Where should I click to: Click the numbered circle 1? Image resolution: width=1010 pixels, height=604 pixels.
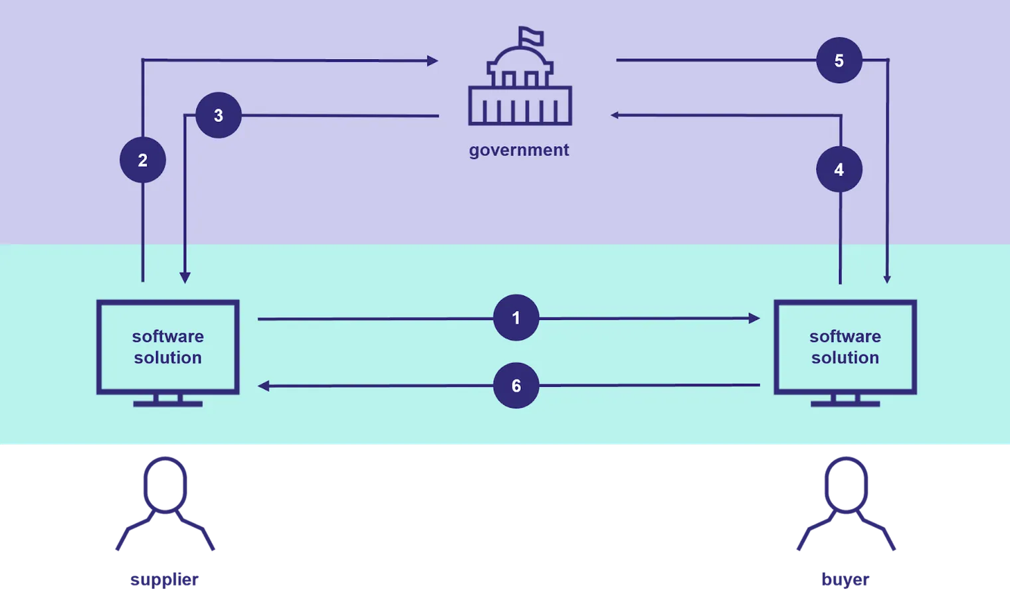point(516,317)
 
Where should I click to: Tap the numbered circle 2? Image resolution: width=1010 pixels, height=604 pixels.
point(142,160)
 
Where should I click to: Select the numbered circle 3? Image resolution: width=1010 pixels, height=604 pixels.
point(218,115)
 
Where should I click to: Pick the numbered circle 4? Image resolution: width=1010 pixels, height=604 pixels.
point(839,169)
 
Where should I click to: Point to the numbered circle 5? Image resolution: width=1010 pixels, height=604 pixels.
point(839,60)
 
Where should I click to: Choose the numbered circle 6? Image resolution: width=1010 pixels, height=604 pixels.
point(516,386)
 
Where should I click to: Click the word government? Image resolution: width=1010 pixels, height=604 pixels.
point(519,150)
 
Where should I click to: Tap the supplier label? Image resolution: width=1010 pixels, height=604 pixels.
point(164,579)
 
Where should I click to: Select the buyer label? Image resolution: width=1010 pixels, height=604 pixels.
point(845,579)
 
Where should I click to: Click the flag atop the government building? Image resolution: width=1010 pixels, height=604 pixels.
point(530,36)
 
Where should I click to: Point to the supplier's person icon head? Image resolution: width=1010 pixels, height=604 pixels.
point(165,485)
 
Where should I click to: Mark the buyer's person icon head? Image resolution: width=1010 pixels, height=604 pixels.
point(846,485)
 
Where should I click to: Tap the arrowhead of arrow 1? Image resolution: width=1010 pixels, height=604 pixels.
point(754,318)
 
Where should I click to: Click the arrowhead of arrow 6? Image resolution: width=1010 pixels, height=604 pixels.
point(263,386)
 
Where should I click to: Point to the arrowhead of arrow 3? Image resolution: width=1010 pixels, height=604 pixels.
point(185,277)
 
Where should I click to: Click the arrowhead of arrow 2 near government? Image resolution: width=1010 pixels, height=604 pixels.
point(433,60)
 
